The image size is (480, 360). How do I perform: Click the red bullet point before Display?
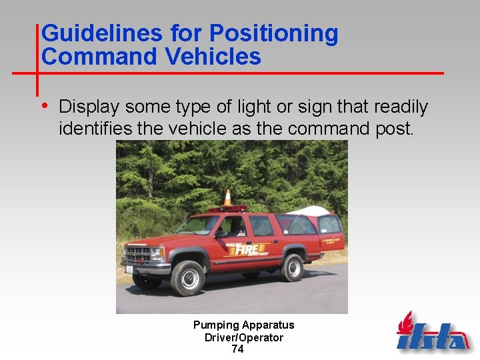pyautogui.click(x=45, y=105)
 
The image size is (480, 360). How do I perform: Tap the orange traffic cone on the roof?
pyautogui.click(x=227, y=197)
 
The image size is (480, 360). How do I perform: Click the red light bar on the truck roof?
pyautogui.click(x=227, y=209)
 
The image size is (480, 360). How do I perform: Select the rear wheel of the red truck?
pyautogui.click(x=293, y=267)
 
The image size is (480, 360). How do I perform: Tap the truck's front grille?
pyautogui.click(x=138, y=254)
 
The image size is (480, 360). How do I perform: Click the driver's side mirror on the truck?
pyautogui.click(x=221, y=234)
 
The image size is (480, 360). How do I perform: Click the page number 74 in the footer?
pyautogui.click(x=237, y=349)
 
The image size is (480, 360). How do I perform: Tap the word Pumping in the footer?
pyautogui.click(x=215, y=325)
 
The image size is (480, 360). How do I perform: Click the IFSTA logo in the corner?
pyautogui.click(x=433, y=333)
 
